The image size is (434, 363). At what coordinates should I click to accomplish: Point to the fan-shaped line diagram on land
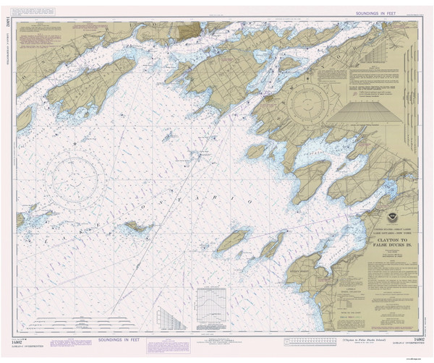(x=370, y=114)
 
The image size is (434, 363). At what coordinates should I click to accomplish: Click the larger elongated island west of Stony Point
(x=233, y=241)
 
